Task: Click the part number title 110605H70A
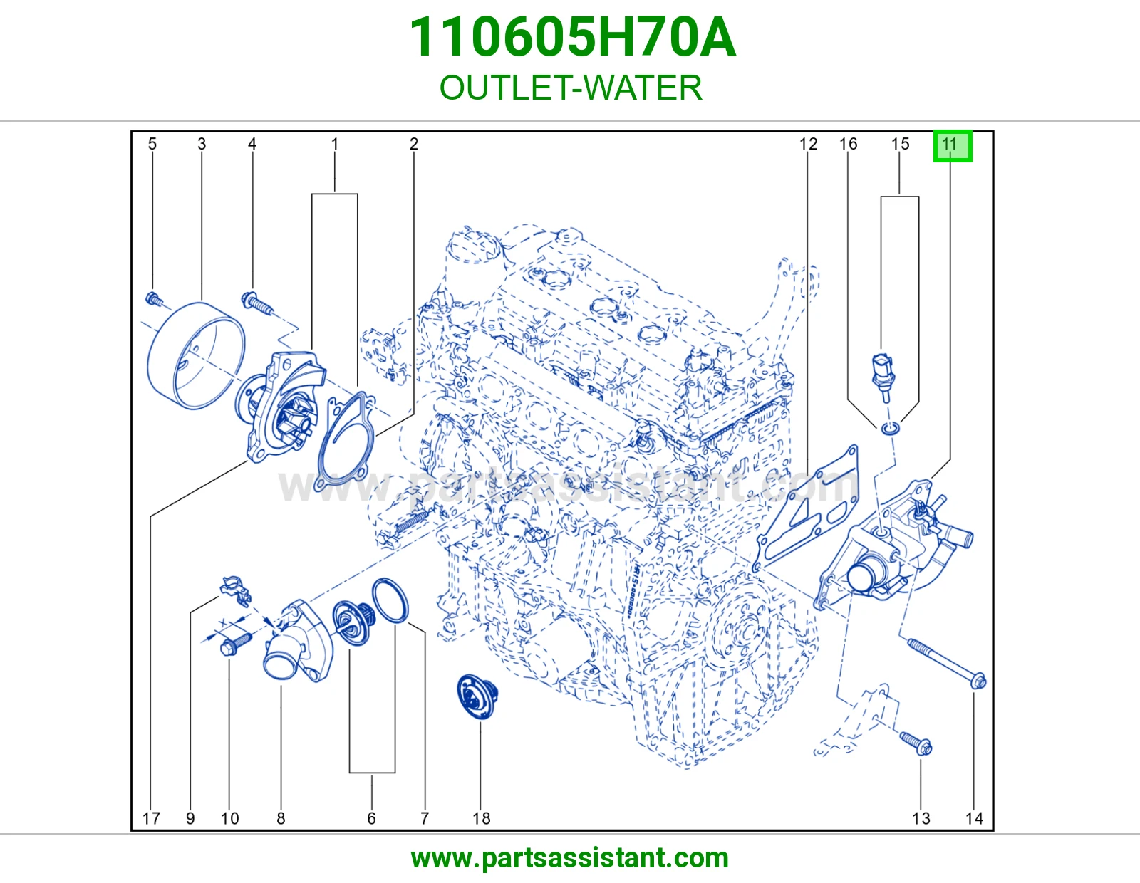pyautogui.click(x=572, y=38)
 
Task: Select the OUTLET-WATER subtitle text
pyautogui.click(x=571, y=88)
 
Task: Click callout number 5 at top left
pyautogui.click(x=152, y=144)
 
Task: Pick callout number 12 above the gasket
pyautogui.click(x=809, y=144)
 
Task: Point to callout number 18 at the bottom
pyautogui.click(x=481, y=818)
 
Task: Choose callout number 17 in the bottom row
pyautogui.click(x=151, y=818)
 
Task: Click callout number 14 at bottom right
pyautogui.click(x=974, y=818)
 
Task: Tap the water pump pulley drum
pyautogui.click(x=195, y=355)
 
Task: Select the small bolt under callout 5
pyautogui.click(x=153, y=299)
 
